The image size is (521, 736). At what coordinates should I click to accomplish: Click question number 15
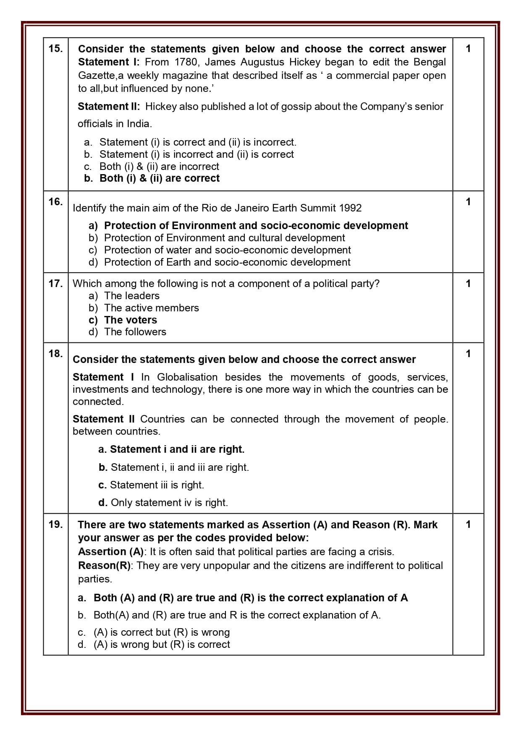[x=55, y=49]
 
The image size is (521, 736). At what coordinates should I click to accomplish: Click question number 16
[x=55, y=202]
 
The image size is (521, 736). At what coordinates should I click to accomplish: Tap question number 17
[x=55, y=284]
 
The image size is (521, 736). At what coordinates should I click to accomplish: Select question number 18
[x=55, y=354]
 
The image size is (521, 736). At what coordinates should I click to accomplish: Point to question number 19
[x=55, y=525]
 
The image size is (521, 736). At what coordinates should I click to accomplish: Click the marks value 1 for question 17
[x=468, y=284]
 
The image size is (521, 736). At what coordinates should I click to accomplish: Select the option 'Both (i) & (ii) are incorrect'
[x=159, y=166]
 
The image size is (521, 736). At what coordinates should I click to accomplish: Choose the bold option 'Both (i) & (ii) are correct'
[x=159, y=178]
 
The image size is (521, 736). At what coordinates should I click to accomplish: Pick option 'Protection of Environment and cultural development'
[x=224, y=238]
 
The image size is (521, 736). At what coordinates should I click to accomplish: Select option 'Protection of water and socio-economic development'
[x=227, y=250]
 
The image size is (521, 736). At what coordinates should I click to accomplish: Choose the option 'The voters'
[x=130, y=320]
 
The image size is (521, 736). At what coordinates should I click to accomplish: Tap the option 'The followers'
[x=135, y=332]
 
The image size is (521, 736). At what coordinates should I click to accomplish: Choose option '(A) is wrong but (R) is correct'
[x=161, y=645]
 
